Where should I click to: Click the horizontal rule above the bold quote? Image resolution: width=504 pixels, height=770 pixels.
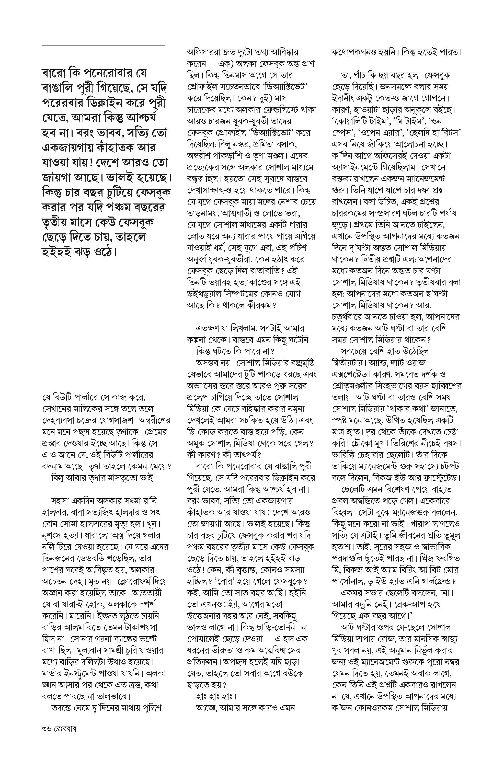(x=104, y=45)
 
